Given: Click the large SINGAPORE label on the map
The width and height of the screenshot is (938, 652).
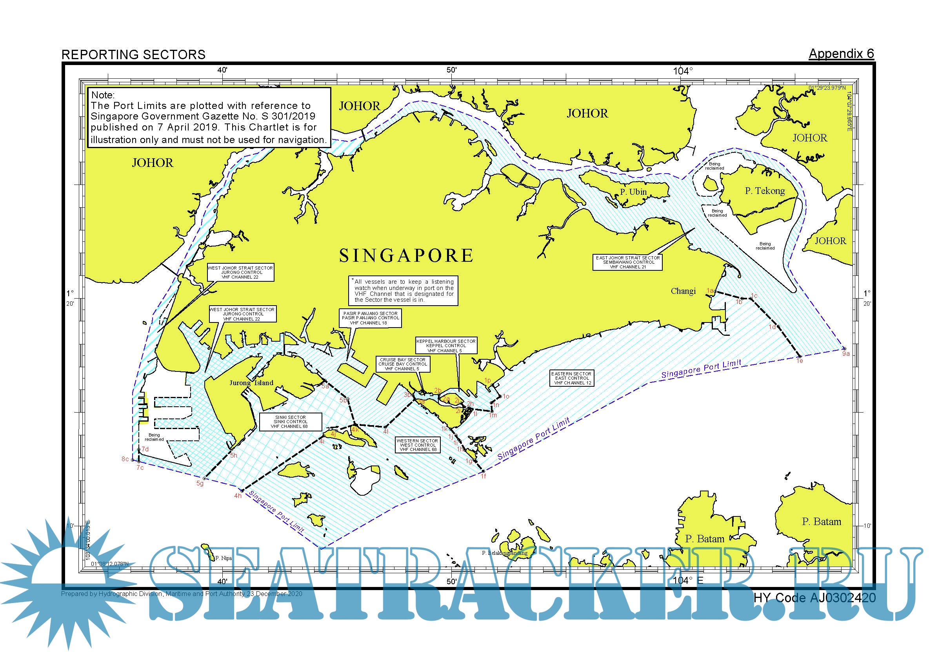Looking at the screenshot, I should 406,256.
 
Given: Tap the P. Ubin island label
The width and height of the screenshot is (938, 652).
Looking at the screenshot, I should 633,192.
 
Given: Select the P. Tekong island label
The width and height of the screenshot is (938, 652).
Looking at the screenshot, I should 765,191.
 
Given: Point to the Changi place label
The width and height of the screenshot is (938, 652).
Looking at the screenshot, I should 683,291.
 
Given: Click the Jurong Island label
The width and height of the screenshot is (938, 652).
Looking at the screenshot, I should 251,383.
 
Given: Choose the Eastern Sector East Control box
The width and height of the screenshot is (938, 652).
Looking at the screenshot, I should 571,379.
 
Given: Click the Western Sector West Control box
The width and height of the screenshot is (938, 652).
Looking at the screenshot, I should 417,445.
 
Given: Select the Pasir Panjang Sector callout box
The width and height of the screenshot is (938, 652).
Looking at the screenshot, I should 370,318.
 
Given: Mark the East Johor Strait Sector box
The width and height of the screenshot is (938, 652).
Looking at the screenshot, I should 627,263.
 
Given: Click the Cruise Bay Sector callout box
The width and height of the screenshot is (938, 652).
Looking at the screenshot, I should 402,364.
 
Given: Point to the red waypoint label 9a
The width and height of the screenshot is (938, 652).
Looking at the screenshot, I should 846,354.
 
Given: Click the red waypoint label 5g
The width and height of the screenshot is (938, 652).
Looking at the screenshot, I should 200,484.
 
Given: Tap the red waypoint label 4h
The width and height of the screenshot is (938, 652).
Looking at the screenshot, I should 238,496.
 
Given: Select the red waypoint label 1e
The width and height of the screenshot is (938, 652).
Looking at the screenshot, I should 800,361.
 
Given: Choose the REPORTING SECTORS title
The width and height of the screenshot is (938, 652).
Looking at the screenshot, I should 133,55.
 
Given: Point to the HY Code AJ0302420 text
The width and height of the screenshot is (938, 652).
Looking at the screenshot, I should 814,598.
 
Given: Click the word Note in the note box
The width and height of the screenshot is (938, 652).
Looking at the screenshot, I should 102,95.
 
